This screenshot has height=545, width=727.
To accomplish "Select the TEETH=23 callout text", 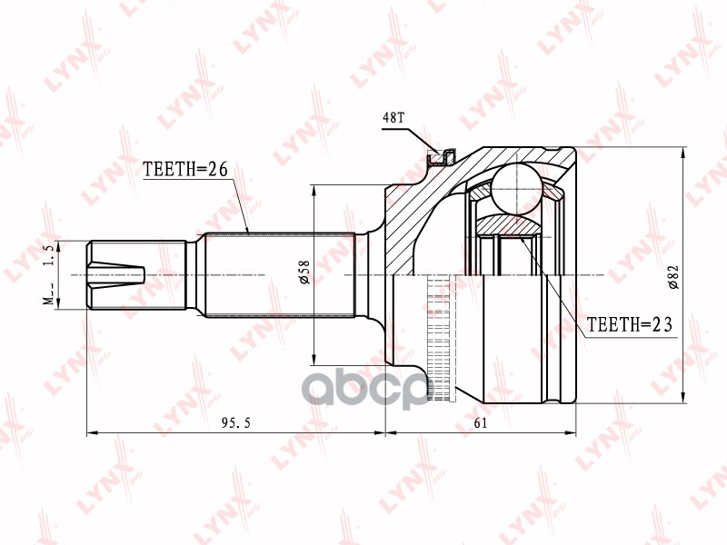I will (x=628, y=323).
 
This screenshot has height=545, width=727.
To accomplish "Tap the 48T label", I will (x=393, y=118).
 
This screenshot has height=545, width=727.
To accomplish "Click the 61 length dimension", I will (x=479, y=423).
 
